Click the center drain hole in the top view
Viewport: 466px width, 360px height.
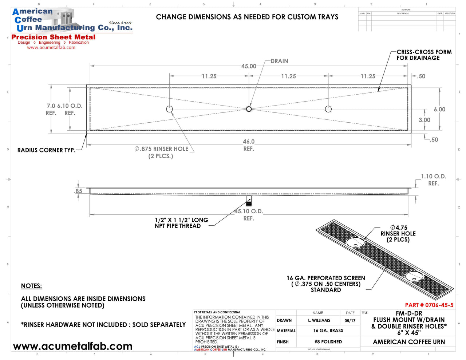tap(249, 109)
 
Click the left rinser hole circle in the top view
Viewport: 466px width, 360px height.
tap(170, 109)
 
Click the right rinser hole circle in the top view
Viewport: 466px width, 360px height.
tap(328, 109)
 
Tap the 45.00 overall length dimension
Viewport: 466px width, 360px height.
tap(249, 66)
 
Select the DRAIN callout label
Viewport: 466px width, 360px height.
tap(279, 61)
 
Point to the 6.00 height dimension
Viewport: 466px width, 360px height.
tap(439, 110)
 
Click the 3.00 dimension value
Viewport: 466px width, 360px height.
tap(424, 120)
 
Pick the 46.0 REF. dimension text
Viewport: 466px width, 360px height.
tap(249, 145)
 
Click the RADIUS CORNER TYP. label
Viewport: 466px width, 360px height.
tap(46, 150)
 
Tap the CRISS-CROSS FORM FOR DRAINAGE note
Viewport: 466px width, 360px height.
tap(424, 55)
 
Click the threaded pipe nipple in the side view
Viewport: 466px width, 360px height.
tap(249, 201)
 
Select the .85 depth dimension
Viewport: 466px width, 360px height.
tap(78, 191)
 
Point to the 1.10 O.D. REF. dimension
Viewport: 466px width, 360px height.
tap(433, 180)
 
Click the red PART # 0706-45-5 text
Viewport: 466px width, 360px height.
tap(429, 305)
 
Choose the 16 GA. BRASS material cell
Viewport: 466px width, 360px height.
tap(328, 331)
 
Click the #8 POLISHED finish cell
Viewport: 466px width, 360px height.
tap(328, 342)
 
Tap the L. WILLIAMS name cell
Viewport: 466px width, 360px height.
tap(319, 321)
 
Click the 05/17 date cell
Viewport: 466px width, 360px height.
tap(350, 321)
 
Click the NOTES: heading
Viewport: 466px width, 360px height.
tap(31, 286)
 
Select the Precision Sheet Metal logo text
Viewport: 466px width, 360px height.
tap(54, 37)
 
